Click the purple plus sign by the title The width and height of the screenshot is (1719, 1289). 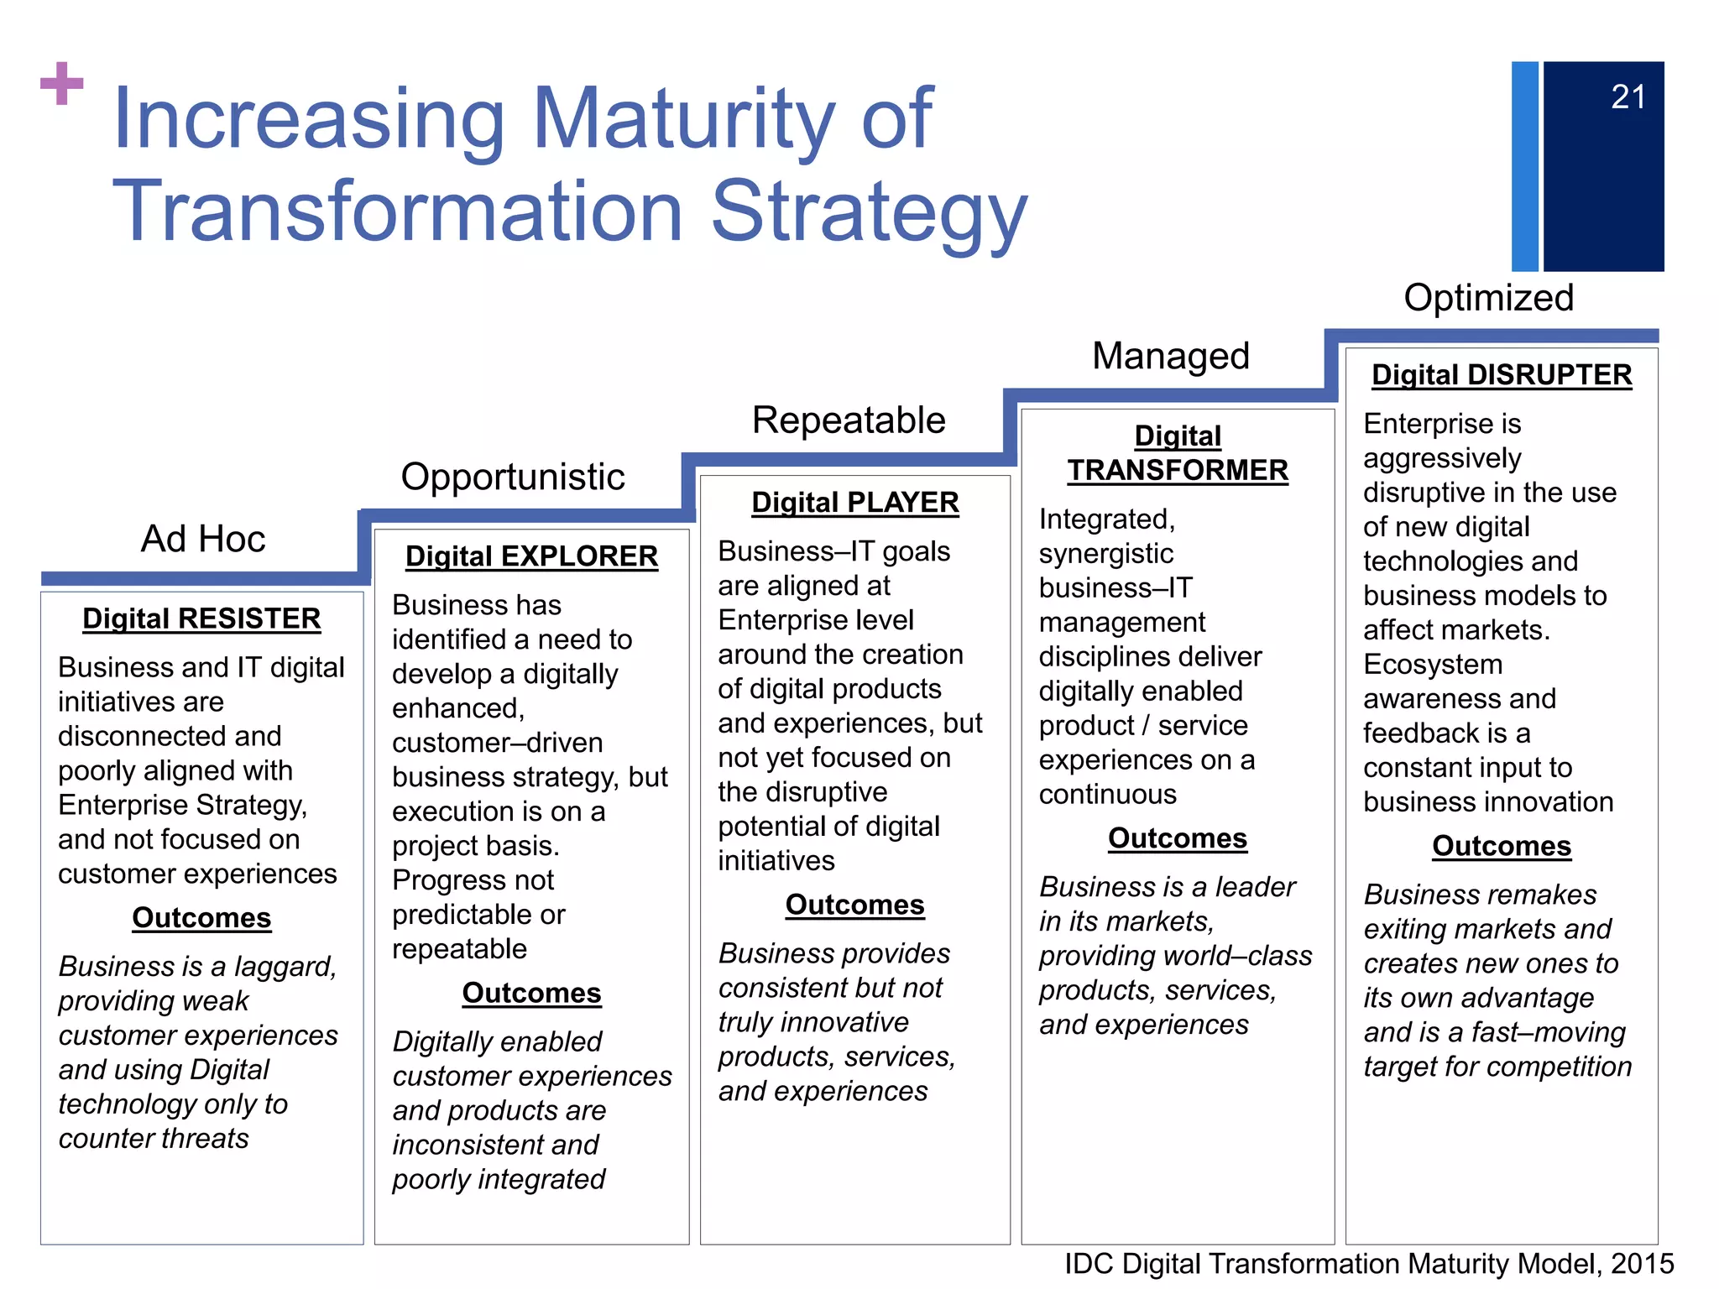click(x=62, y=84)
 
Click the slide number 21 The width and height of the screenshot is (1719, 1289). click(x=1628, y=97)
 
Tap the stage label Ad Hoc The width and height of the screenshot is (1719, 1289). click(x=203, y=539)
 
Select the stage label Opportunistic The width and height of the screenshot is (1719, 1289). click(x=513, y=477)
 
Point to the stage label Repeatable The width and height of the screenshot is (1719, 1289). click(x=849, y=420)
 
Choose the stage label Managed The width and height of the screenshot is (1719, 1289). click(x=1171, y=356)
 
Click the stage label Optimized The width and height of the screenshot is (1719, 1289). click(x=1488, y=298)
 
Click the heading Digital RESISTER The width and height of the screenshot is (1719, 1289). click(x=201, y=618)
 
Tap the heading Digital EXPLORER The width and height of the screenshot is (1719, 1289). click(x=531, y=556)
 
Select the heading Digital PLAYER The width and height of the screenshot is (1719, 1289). click(x=854, y=502)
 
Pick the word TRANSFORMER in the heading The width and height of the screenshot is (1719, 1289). click(x=1178, y=470)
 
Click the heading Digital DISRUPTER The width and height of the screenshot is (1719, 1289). click(x=1502, y=374)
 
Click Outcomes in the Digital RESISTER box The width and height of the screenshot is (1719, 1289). click(x=201, y=917)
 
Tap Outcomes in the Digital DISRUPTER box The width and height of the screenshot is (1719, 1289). click(x=1502, y=846)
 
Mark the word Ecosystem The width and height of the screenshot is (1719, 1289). click(x=1433, y=664)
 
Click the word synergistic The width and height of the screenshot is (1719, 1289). click(x=1106, y=553)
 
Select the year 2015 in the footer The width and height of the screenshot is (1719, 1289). click(x=1642, y=1264)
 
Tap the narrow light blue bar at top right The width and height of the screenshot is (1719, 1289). click(x=1525, y=166)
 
